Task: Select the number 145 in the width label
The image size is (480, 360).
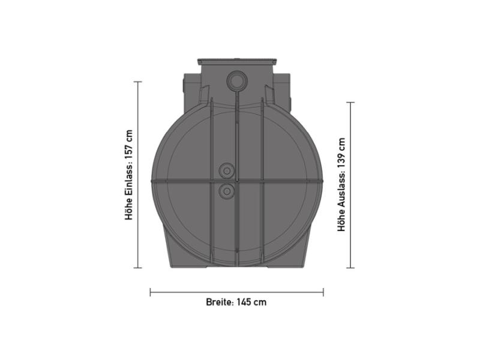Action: click(243, 302)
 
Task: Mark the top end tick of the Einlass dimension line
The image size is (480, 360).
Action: click(138, 82)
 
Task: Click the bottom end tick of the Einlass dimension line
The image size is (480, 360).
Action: click(138, 268)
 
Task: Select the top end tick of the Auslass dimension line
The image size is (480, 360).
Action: click(350, 103)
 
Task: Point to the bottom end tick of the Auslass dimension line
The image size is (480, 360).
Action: click(350, 268)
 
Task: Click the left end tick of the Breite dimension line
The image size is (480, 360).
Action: click(150, 292)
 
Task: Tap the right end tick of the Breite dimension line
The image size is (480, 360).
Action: click(323, 292)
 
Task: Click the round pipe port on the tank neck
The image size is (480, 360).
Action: click(236, 80)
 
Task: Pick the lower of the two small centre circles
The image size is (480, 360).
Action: click(227, 191)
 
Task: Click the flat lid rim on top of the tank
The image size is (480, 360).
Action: click(237, 61)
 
